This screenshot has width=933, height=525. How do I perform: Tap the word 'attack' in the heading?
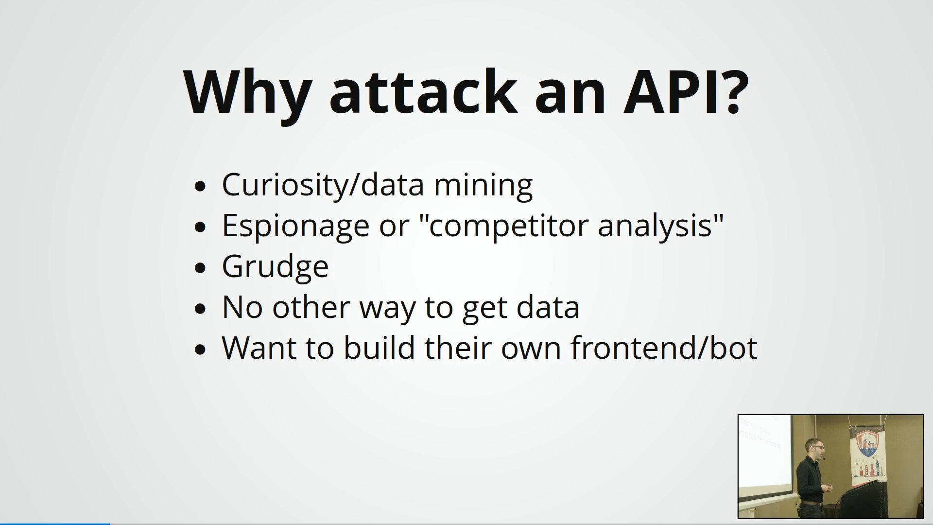pos(421,92)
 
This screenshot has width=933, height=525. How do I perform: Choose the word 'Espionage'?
pos(295,227)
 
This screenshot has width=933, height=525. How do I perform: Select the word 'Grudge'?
pos(275,267)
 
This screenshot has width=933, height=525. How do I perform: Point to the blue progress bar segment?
pos(55,524)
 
